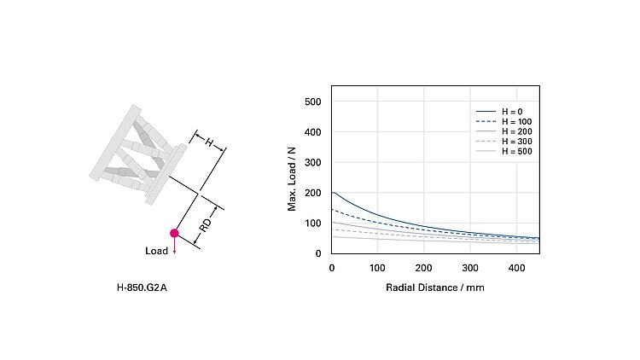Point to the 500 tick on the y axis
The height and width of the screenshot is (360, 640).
(312, 102)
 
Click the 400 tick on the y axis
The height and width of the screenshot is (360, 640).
(312, 132)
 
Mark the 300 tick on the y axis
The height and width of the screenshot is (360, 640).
(312, 163)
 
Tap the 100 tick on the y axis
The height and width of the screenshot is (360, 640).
(312, 224)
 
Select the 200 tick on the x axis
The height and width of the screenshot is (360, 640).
(424, 268)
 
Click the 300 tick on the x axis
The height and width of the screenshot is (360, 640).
(470, 268)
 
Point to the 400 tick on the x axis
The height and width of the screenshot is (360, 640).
(516, 268)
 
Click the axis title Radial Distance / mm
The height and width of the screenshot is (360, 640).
(435, 287)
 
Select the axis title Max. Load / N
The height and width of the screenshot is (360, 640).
(292, 178)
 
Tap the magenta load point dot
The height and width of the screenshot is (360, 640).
(174, 233)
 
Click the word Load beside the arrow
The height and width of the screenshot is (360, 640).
(157, 252)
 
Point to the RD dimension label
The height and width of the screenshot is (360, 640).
(206, 227)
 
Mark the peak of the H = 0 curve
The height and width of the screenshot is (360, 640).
(334, 193)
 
